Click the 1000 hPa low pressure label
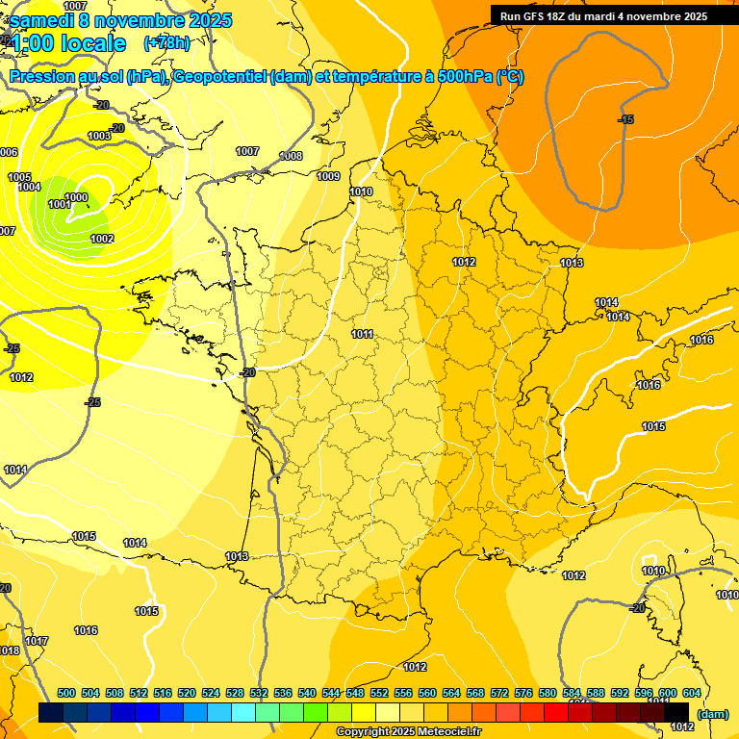(76, 197)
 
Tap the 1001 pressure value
(59, 204)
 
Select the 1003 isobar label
(99, 137)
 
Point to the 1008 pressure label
(291, 156)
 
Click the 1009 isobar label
(328, 176)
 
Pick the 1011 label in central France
(362, 334)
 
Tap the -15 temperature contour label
(625, 119)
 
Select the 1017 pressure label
(37, 641)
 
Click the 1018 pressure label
(10, 651)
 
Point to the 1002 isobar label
(102, 239)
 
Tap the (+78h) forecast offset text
(166, 43)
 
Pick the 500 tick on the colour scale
(66, 693)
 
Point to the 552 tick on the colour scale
(380, 693)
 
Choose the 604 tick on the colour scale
(691, 693)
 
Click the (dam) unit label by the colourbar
(712, 713)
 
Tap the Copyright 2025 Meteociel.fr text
(408, 731)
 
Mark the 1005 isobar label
(19, 177)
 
